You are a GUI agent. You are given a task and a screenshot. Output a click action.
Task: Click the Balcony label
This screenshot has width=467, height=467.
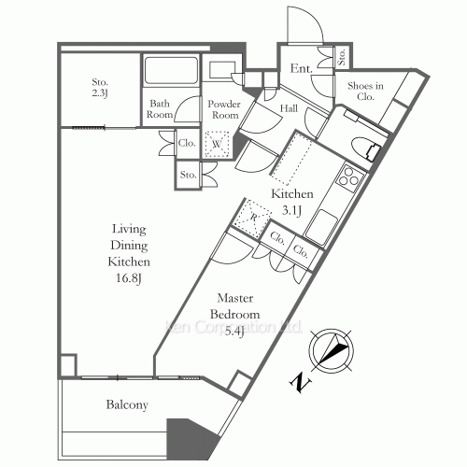click(127, 404)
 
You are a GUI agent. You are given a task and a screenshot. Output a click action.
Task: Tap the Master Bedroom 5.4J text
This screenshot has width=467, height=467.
click(234, 315)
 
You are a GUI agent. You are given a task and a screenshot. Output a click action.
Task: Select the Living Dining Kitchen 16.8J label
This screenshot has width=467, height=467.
click(129, 253)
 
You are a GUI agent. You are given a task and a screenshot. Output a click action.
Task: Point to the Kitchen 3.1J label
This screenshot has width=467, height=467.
click(292, 202)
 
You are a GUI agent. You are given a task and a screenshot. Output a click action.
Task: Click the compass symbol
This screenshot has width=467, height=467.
click(331, 350)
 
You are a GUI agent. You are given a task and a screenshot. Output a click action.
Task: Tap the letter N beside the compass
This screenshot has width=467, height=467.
click(301, 382)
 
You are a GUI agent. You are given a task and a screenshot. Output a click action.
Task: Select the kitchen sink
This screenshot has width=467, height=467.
click(320, 226)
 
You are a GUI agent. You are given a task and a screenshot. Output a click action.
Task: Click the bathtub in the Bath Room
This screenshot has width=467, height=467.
click(171, 70)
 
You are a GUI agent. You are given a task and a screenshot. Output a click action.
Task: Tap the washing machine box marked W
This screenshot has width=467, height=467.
click(217, 144)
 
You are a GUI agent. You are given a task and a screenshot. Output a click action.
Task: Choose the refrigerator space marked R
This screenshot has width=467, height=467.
click(253, 218)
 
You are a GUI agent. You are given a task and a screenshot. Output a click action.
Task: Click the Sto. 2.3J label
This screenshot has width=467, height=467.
click(100, 88)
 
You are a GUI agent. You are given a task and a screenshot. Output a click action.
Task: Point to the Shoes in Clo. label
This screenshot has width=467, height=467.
click(365, 91)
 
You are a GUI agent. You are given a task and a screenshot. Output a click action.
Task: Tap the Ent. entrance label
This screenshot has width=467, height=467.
click(301, 68)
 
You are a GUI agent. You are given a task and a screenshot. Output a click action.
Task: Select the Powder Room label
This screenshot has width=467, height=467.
click(224, 109)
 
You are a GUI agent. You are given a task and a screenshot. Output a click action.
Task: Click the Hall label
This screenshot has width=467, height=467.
click(289, 108)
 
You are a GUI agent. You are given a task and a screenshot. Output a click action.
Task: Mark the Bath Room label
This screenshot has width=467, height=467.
click(160, 109)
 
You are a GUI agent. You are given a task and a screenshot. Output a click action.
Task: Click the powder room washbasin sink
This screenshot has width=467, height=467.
click(222, 70)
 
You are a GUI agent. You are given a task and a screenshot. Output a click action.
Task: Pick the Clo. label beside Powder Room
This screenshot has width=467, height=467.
click(187, 143)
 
